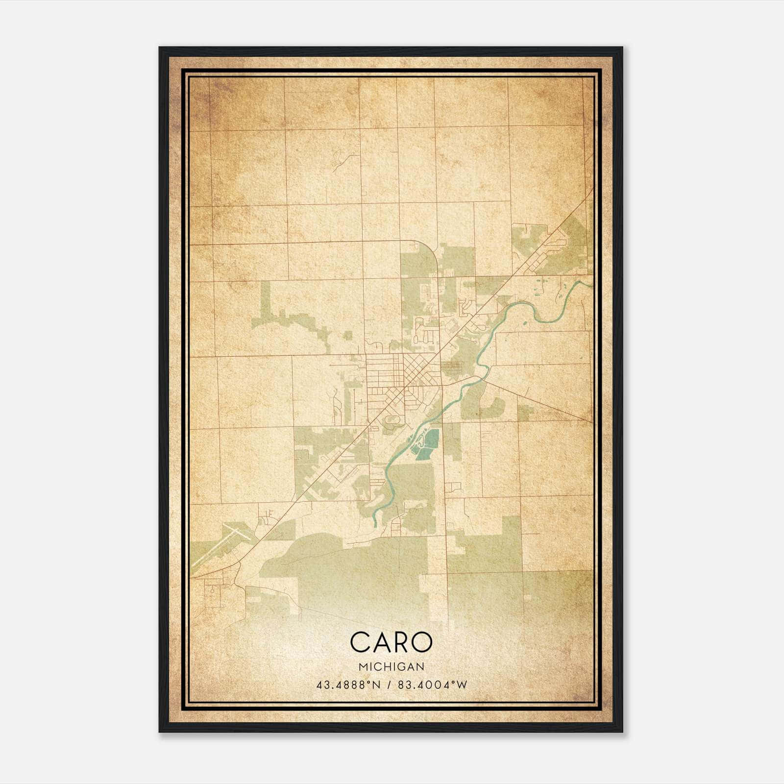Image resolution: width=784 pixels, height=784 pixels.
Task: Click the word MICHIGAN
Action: coord(391,666)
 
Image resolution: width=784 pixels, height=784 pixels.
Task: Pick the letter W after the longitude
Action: coord(463,685)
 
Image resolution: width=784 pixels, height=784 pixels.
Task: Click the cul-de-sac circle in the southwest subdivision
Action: coord(212,591)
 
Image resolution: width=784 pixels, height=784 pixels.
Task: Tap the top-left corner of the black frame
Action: coord(160,48)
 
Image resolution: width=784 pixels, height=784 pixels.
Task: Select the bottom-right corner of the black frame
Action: coord(622,732)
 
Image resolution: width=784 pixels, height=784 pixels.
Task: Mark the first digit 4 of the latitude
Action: coord(319,685)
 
